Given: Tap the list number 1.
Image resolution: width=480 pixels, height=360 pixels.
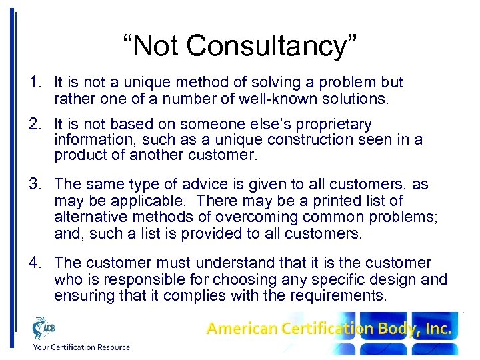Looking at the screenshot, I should click(34, 83).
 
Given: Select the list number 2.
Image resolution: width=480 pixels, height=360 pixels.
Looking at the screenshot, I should click(34, 125).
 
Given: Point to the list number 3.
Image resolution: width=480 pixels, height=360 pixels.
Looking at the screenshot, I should click(34, 184).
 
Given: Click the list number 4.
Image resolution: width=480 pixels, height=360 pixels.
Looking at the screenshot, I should click(34, 263).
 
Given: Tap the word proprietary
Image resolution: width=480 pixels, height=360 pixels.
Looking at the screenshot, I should click(329, 125).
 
